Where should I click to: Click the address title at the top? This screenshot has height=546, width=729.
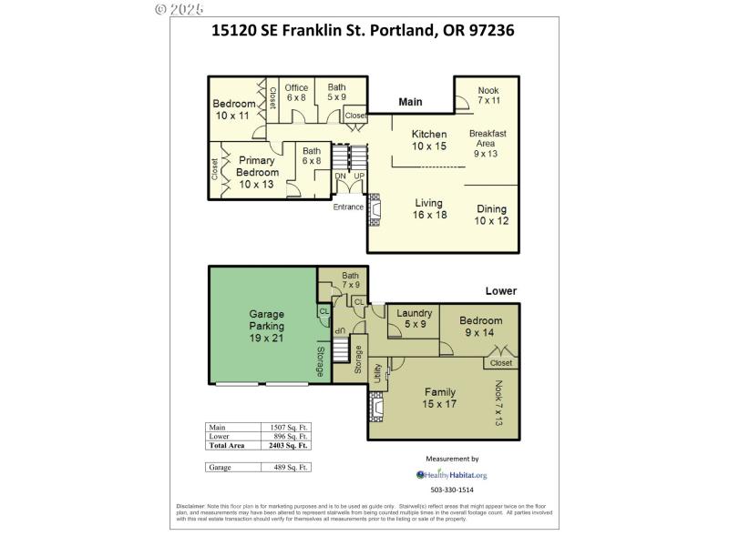[x=363, y=30]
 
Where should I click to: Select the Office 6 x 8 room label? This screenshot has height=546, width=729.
[x=296, y=92]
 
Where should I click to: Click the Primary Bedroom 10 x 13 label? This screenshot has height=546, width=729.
[x=257, y=172]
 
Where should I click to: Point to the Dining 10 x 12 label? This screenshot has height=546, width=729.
[x=491, y=215]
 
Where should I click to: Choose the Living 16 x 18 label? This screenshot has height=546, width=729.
[x=428, y=208]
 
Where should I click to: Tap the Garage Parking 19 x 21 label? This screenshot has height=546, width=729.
[x=267, y=325]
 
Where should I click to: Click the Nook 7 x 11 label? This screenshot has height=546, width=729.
[x=488, y=96]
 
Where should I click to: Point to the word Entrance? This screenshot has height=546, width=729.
[x=347, y=207]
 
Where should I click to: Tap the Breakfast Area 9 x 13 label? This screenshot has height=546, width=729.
[x=488, y=143]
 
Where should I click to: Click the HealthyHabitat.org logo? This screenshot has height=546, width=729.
[x=452, y=474]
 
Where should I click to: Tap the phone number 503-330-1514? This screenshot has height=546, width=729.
[x=452, y=491]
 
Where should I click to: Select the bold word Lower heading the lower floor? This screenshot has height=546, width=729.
[x=500, y=291]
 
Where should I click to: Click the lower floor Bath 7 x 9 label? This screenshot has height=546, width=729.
[x=351, y=280]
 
